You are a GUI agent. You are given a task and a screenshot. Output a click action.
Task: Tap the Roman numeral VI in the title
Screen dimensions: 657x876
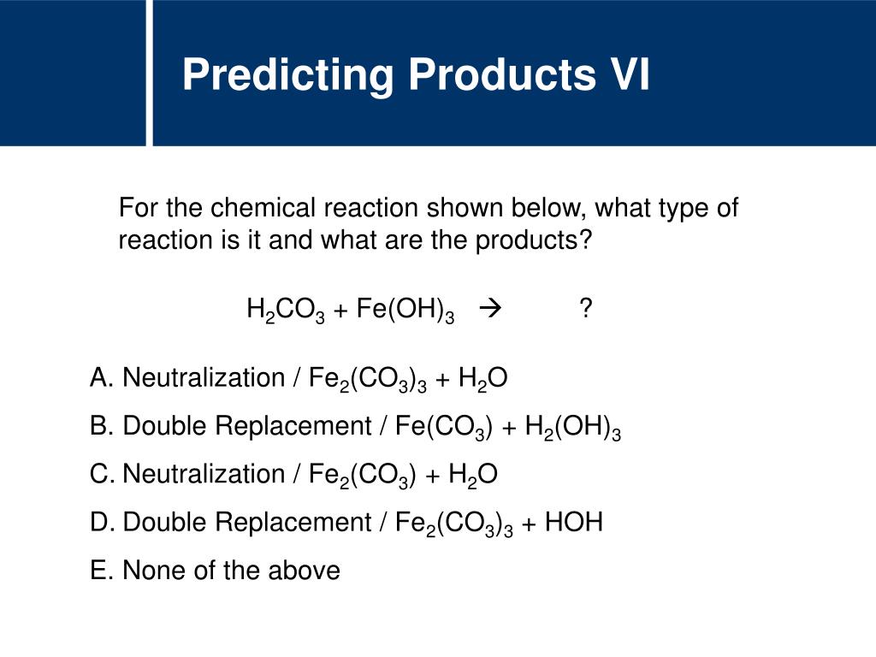[x=628, y=75]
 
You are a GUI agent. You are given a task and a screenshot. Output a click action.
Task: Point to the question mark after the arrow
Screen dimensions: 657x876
[x=585, y=309]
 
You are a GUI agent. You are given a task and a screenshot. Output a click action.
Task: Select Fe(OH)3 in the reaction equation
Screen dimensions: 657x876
[x=405, y=311]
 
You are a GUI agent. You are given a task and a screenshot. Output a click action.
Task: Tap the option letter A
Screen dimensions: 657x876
[x=100, y=378]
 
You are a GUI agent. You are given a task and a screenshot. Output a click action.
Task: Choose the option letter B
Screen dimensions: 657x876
[x=100, y=426]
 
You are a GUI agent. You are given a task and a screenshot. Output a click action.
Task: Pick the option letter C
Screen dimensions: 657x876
[x=100, y=474]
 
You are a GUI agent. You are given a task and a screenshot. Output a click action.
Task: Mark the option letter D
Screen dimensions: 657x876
[x=100, y=522]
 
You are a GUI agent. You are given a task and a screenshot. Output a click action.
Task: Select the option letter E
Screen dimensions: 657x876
[x=100, y=570]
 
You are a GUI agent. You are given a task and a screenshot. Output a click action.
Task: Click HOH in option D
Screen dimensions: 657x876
[x=574, y=522]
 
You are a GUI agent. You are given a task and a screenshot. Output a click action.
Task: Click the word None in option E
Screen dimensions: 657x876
[x=154, y=570]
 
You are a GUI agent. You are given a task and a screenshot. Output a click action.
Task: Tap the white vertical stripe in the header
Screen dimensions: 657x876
[x=150, y=73]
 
